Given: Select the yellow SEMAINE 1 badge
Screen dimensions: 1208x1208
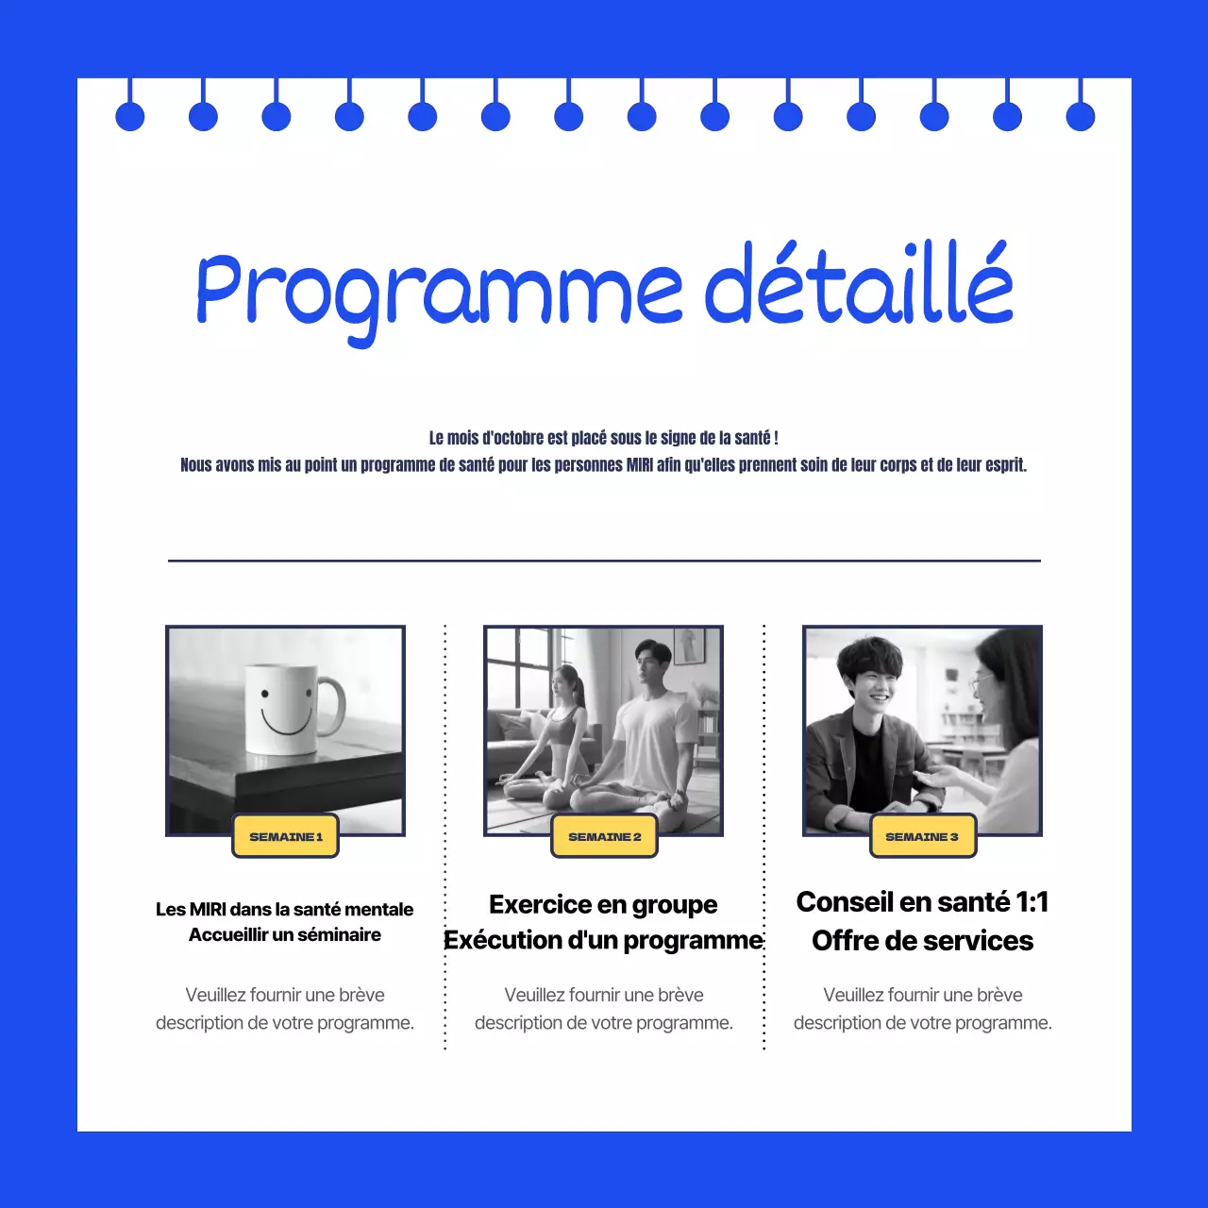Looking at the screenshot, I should (x=285, y=836).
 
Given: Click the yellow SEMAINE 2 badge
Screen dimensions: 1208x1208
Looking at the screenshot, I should (x=604, y=836).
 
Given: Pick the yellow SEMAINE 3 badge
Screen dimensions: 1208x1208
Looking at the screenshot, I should (x=922, y=836).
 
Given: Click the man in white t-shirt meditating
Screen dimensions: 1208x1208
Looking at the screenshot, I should (x=651, y=731).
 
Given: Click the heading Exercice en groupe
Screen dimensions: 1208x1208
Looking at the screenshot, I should (x=603, y=904).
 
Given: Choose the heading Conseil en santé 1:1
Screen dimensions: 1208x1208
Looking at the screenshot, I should (x=922, y=902).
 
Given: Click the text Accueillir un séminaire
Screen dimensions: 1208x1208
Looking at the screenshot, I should (x=285, y=934).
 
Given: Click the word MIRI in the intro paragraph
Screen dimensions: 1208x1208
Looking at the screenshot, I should (x=640, y=465).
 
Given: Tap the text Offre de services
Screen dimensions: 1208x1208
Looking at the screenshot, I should (x=922, y=941).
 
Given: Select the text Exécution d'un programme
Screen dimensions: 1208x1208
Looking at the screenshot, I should (x=603, y=940).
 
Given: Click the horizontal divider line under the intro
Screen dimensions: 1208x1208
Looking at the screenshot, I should (x=604, y=561).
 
